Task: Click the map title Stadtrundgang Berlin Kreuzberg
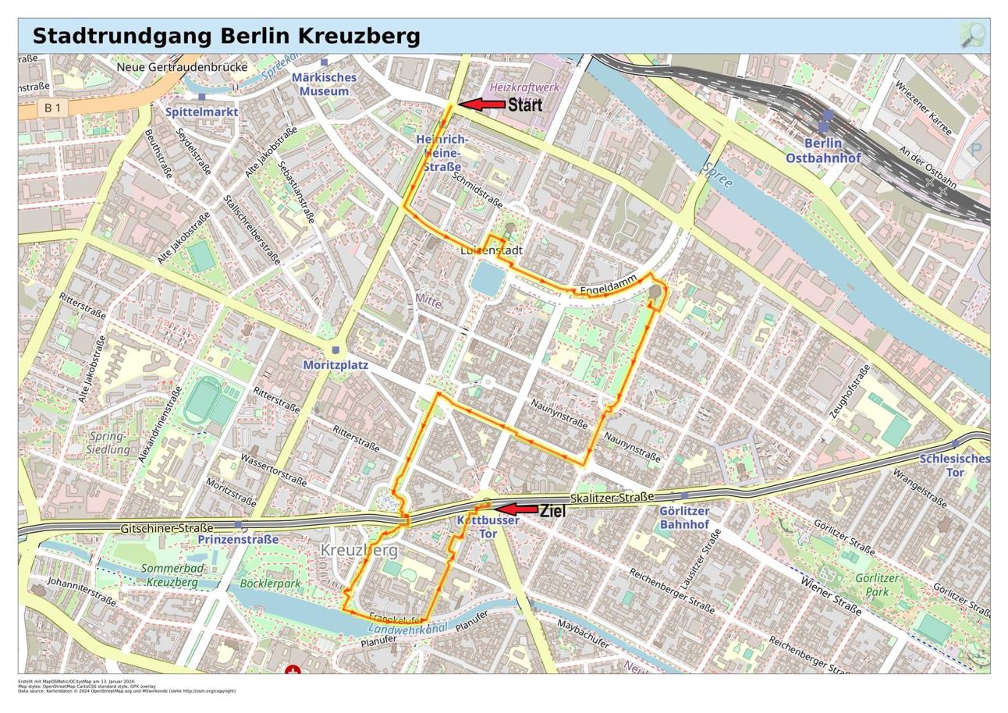click(x=226, y=36)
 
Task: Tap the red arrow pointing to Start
click(x=481, y=104)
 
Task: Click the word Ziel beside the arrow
click(x=552, y=512)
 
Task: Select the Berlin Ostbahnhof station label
click(x=823, y=151)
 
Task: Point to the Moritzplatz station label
click(x=335, y=365)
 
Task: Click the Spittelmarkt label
click(x=202, y=112)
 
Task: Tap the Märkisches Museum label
click(x=324, y=84)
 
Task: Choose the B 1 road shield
click(x=52, y=108)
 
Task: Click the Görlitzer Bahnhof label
click(x=684, y=518)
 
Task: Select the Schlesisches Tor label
click(x=954, y=466)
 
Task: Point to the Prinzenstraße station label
click(x=238, y=539)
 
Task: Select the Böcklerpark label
click(x=270, y=584)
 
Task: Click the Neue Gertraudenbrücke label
click(x=182, y=67)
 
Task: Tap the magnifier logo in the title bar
click(x=972, y=35)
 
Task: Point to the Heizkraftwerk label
click(x=524, y=87)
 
